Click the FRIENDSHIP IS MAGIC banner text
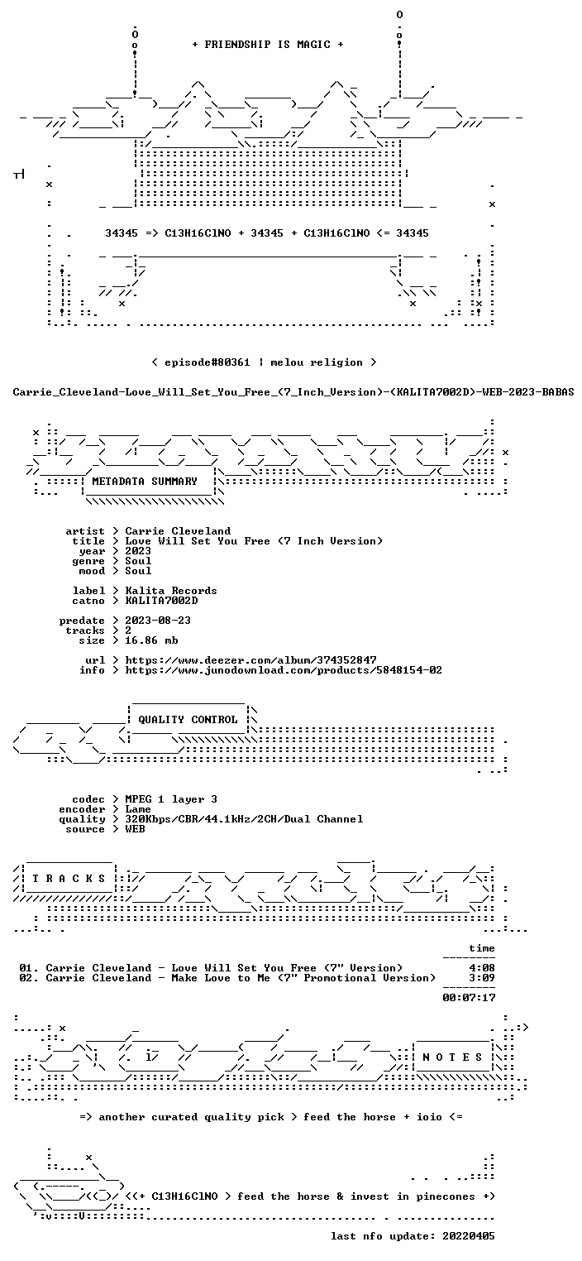click(x=268, y=45)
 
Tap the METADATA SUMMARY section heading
click(x=145, y=482)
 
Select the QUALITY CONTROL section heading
click(x=188, y=719)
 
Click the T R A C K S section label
click(x=69, y=878)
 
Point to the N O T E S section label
click(x=452, y=1057)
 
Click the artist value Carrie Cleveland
click(x=178, y=531)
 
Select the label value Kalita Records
click(x=171, y=591)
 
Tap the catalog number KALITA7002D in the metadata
click(x=161, y=601)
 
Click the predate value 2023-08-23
click(x=158, y=621)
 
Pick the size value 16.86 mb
click(x=151, y=640)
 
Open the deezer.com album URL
click(x=250, y=659)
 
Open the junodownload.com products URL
click(x=284, y=670)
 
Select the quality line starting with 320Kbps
click(x=244, y=819)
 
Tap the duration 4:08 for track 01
click(x=482, y=968)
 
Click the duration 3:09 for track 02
click(x=482, y=978)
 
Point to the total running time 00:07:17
click(x=469, y=998)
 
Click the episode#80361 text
click(x=208, y=362)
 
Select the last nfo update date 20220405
click(x=469, y=1235)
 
